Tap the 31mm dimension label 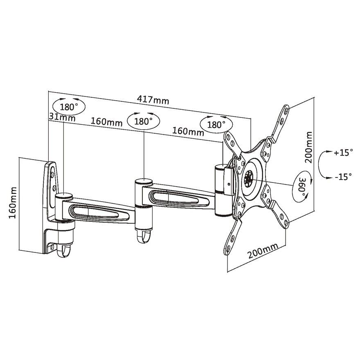[x=62, y=117]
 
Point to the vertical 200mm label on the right [x=309, y=147]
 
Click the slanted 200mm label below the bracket [x=262, y=251]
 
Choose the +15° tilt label [x=343, y=153]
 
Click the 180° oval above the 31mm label [x=68, y=107]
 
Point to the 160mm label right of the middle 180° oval [x=188, y=131]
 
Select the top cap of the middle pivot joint [x=143, y=182]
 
